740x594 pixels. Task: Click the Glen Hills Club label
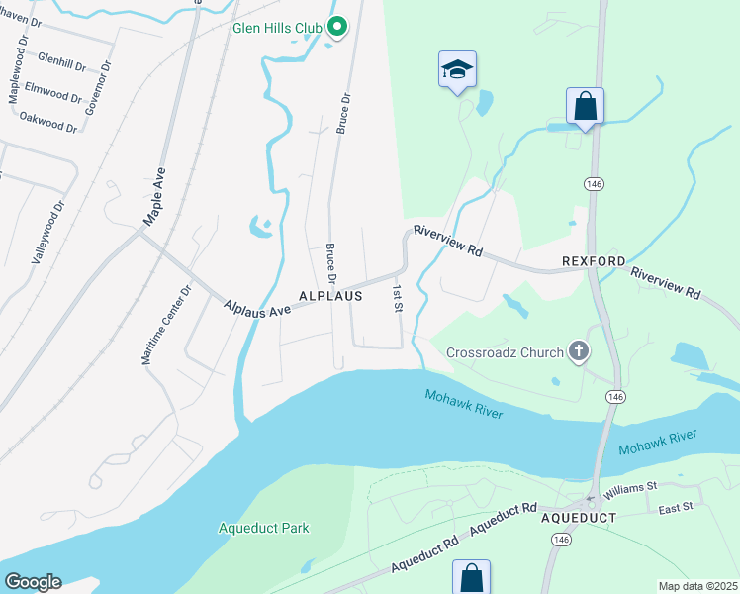(277, 28)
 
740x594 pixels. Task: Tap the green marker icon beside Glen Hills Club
(336, 27)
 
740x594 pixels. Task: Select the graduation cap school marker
(457, 70)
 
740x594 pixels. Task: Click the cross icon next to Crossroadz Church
(579, 351)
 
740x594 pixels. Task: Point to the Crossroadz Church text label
(505, 351)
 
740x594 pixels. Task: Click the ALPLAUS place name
(330, 296)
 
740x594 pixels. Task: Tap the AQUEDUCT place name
(579, 518)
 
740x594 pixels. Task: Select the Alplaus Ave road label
(257, 309)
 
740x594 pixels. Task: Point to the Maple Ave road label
(154, 196)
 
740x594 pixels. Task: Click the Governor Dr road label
(97, 88)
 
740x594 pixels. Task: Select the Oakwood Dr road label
(47, 122)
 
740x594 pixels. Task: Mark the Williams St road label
(632, 487)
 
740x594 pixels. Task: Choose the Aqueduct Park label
(263, 528)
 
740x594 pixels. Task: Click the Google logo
(33, 582)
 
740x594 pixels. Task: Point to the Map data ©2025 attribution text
(696, 586)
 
